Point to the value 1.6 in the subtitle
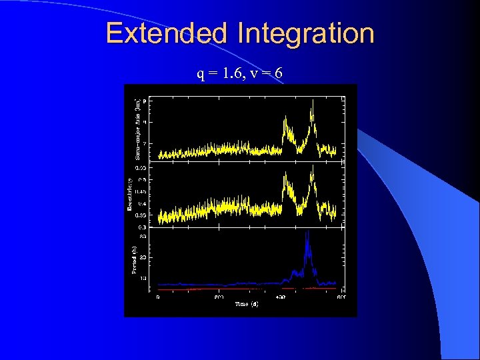pos(233,73)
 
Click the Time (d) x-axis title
pos(246,304)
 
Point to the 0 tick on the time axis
pos(158,297)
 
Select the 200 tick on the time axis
pos(219,297)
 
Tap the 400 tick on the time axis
pos(280,297)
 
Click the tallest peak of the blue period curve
pos(307,233)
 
